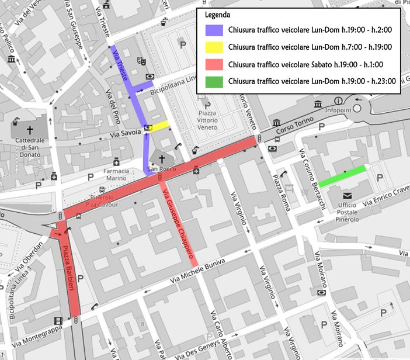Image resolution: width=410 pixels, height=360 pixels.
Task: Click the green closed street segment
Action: pyautogui.click(x=342, y=175)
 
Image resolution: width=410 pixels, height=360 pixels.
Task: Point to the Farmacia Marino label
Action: pyautogui.click(x=116, y=174)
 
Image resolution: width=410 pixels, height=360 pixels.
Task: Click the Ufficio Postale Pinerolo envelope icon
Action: pyautogui.click(x=348, y=195)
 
